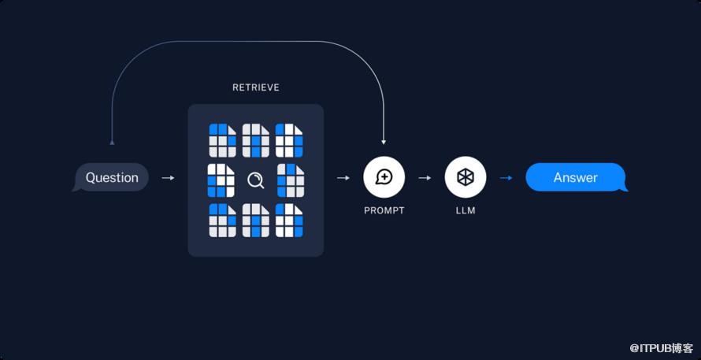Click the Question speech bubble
tap(112, 177)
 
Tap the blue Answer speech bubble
tap(576, 177)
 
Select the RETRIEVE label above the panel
tap(255, 87)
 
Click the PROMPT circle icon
tap(384, 177)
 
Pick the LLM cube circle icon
tap(465, 177)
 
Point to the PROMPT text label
tap(384, 211)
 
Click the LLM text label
tap(465, 211)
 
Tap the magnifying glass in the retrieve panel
tap(255, 180)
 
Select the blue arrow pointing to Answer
tap(506, 178)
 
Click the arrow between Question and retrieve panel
tap(168, 178)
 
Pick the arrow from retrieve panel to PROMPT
tap(343, 178)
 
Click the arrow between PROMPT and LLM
tap(425, 178)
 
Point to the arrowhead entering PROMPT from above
tap(384, 141)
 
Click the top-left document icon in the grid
tap(222, 140)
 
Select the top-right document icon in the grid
tap(289, 140)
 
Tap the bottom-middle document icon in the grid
tap(255, 221)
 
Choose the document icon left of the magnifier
tap(221, 180)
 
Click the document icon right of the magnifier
tap(291, 180)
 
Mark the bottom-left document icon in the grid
tap(222, 221)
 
